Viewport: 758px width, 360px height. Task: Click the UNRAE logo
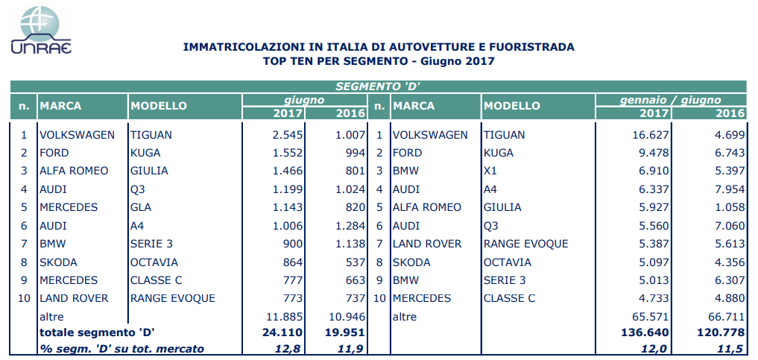(40, 30)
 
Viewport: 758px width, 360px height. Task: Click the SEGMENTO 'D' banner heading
(378, 86)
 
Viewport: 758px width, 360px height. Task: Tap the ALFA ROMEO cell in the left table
(74, 171)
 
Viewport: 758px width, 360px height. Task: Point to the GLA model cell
(141, 207)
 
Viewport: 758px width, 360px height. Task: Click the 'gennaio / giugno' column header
(671, 99)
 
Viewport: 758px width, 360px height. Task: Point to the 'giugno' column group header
(304, 99)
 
